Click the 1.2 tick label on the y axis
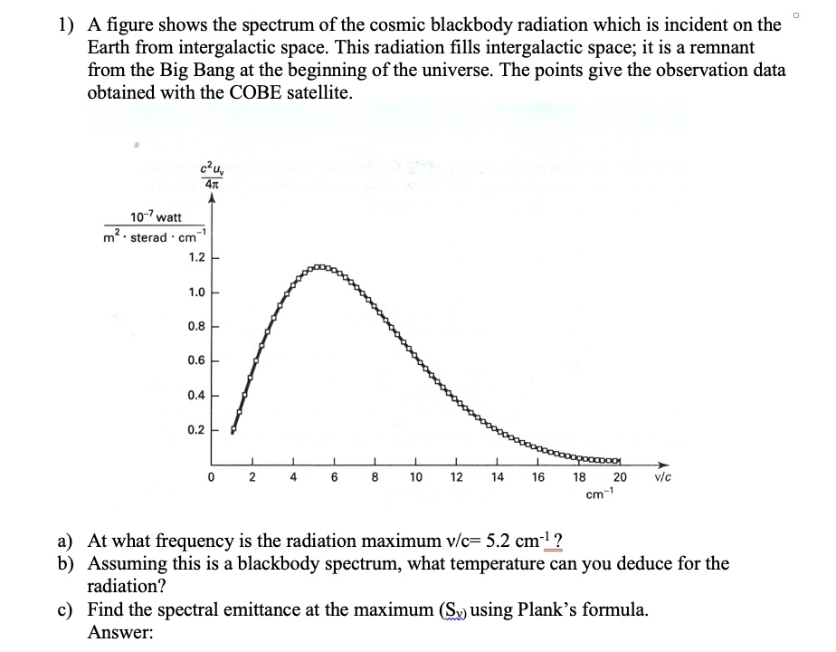196,257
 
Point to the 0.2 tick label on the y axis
196,430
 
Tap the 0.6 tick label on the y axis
196,361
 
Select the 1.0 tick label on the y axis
196,292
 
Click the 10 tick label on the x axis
415,477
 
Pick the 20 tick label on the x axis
620,477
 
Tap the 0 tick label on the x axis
211,477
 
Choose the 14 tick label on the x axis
497,477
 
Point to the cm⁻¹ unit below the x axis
596,494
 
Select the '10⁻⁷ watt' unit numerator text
156,217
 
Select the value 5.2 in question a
496,542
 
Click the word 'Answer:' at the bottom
119,631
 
